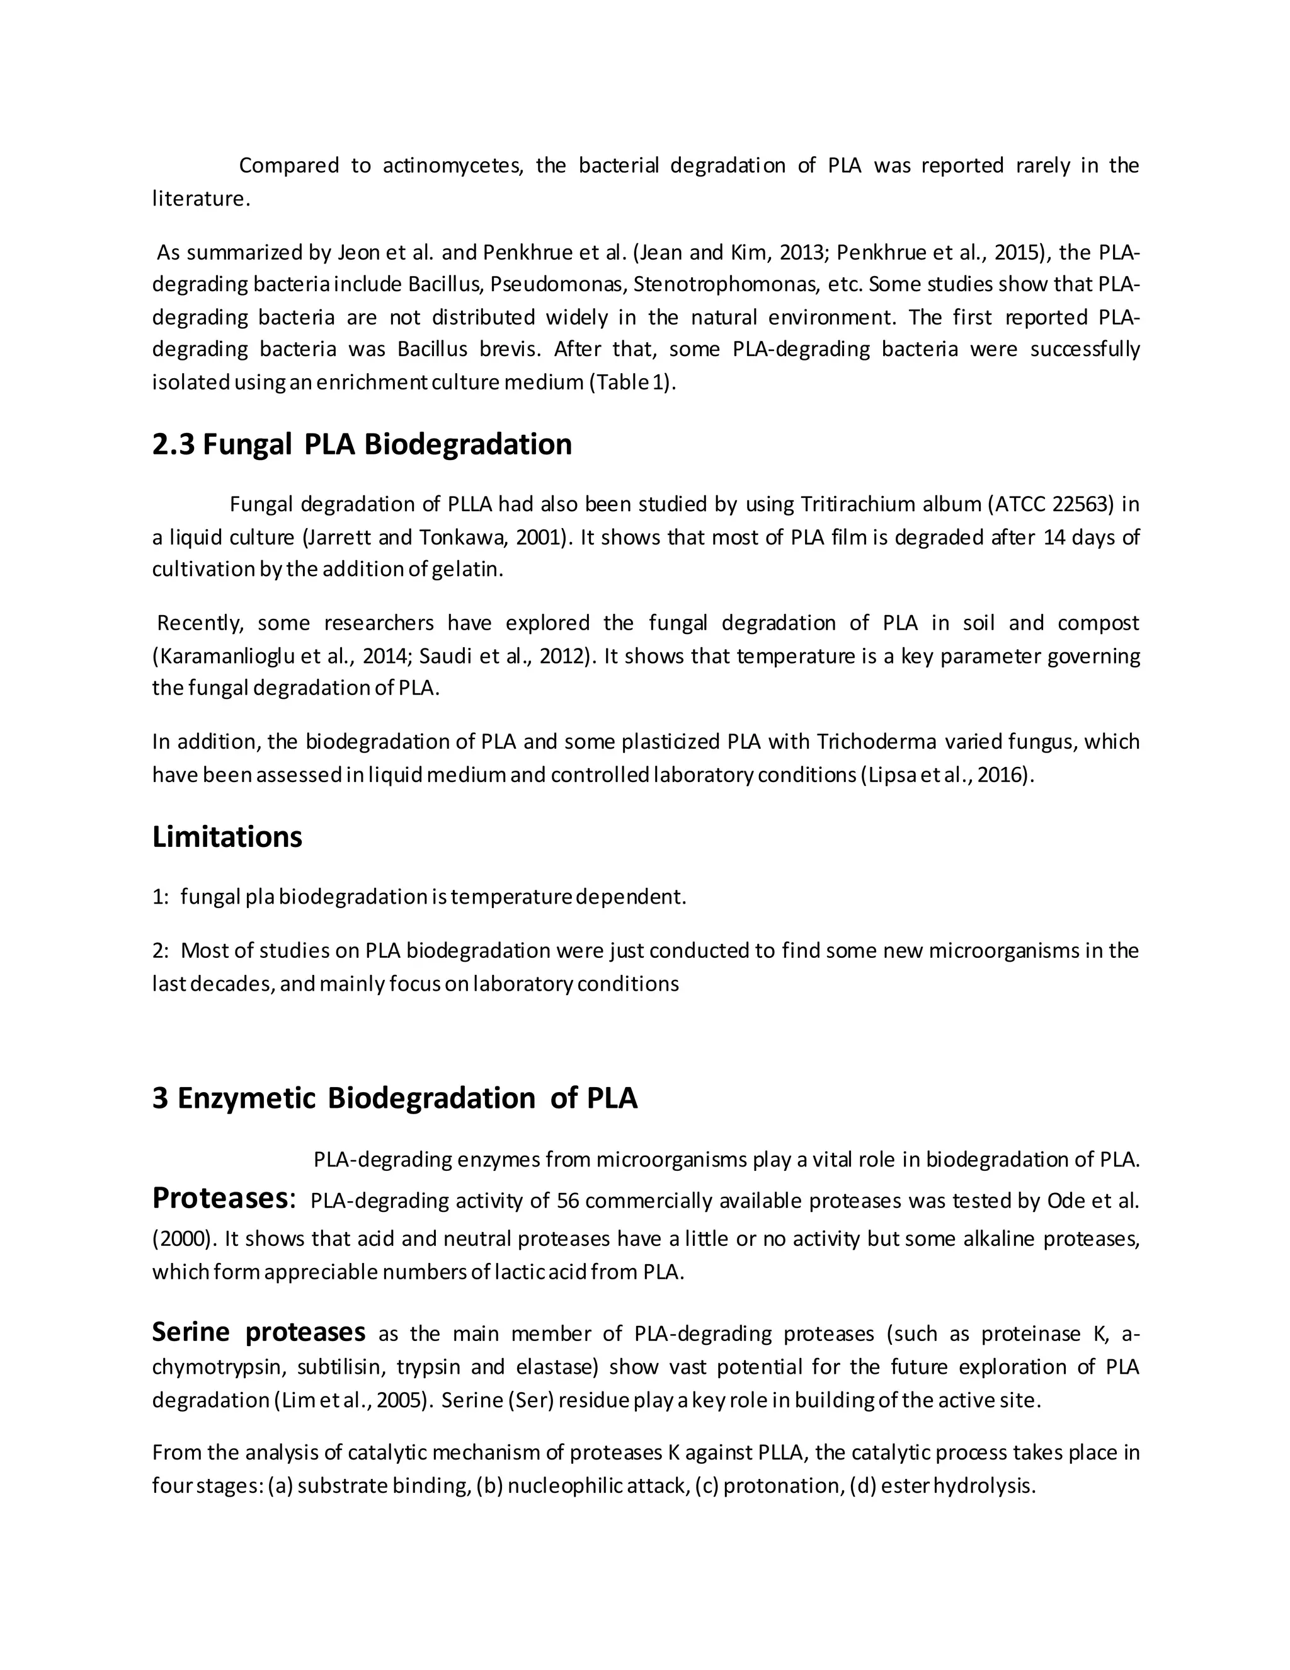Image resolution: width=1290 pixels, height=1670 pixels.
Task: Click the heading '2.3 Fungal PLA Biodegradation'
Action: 362,444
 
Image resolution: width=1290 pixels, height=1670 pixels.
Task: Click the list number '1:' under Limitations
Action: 161,897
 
